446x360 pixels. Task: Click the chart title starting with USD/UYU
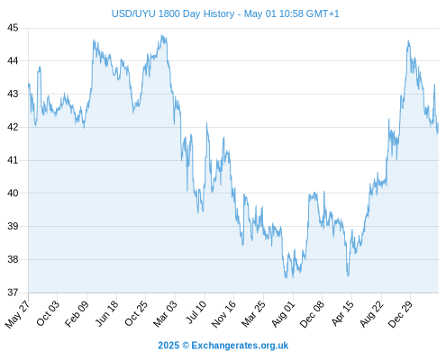coord(225,13)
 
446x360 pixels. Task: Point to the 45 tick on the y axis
coord(13,28)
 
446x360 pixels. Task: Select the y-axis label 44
coord(13,61)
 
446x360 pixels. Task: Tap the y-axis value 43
coord(13,94)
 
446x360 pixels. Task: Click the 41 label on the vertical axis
coord(13,160)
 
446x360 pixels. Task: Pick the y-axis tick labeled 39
coord(13,226)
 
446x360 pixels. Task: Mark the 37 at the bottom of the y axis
coord(13,292)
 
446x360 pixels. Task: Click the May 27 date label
coord(17,314)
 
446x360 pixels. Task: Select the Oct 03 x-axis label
coord(48,313)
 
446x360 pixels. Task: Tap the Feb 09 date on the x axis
coord(77,314)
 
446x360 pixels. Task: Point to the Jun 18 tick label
coord(106,313)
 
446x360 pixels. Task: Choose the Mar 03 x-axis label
coord(165,314)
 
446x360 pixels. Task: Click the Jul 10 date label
coord(196,312)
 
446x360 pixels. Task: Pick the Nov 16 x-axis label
coord(223,314)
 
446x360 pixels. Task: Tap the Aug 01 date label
coord(283,314)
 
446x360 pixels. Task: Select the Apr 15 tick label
coord(342,313)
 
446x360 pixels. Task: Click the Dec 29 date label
coord(400,314)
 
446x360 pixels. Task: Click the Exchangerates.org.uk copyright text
coord(223,346)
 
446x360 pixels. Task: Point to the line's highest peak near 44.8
coord(162,35)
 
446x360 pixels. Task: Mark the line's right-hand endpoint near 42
coord(438,123)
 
